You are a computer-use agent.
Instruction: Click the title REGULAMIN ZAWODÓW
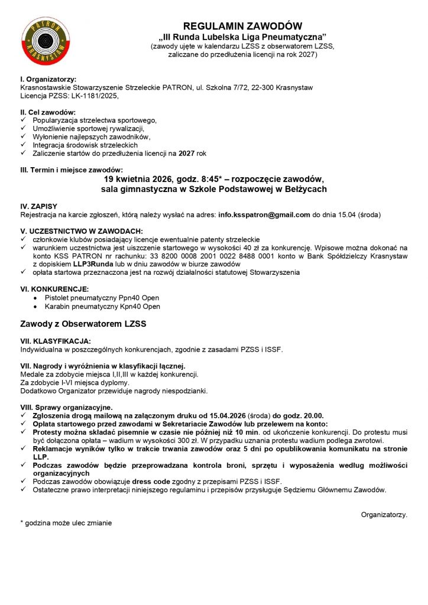point(242,26)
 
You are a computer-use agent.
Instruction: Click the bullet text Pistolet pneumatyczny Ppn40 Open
point(102,298)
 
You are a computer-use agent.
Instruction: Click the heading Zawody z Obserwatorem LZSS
point(83,324)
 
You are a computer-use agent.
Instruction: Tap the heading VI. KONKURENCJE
point(54,289)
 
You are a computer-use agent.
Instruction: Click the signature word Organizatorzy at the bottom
point(384,515)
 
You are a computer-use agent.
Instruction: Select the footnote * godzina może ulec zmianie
point(66,523)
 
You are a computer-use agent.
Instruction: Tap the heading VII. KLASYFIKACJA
point(56,341)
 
